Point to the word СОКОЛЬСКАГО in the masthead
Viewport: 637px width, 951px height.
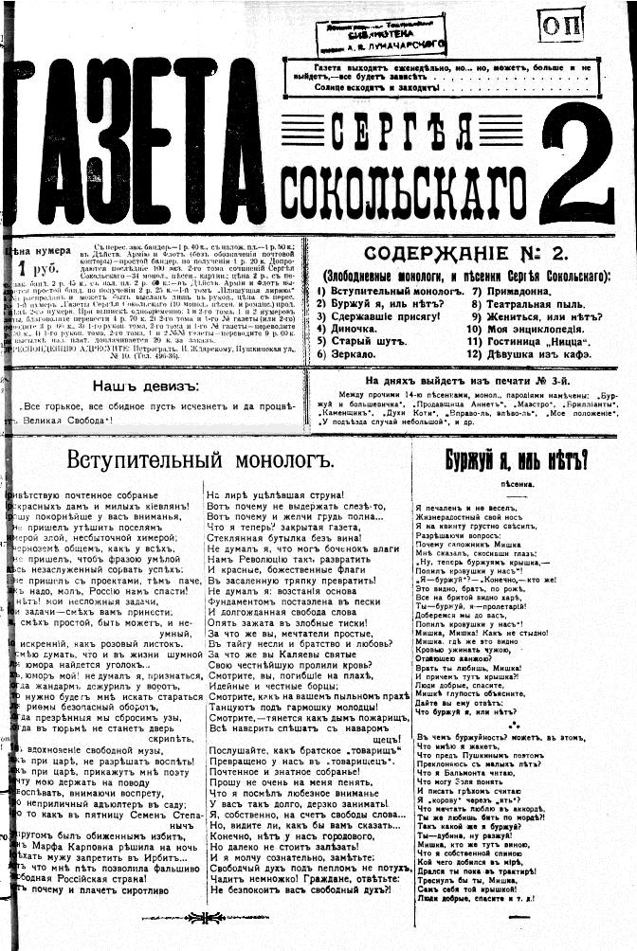(x=409, y=178)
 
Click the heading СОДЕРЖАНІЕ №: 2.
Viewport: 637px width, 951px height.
(x=463, y=255)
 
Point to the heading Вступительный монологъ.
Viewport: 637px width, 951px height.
(x=202, y=461)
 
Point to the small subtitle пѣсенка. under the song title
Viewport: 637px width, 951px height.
(x=517, y=484)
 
